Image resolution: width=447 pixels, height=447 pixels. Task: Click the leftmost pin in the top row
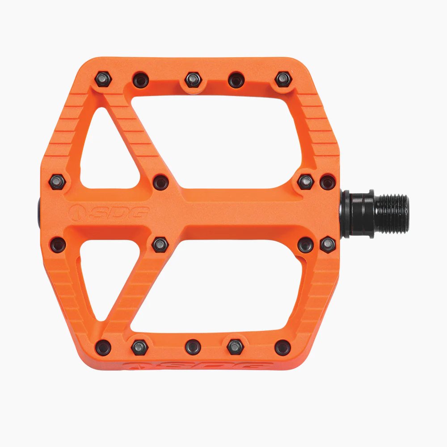(x=104, y=80)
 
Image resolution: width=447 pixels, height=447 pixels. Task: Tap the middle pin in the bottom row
(x=193, y=347)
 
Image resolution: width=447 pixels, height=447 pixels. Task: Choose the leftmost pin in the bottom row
(x=104, y=347)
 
